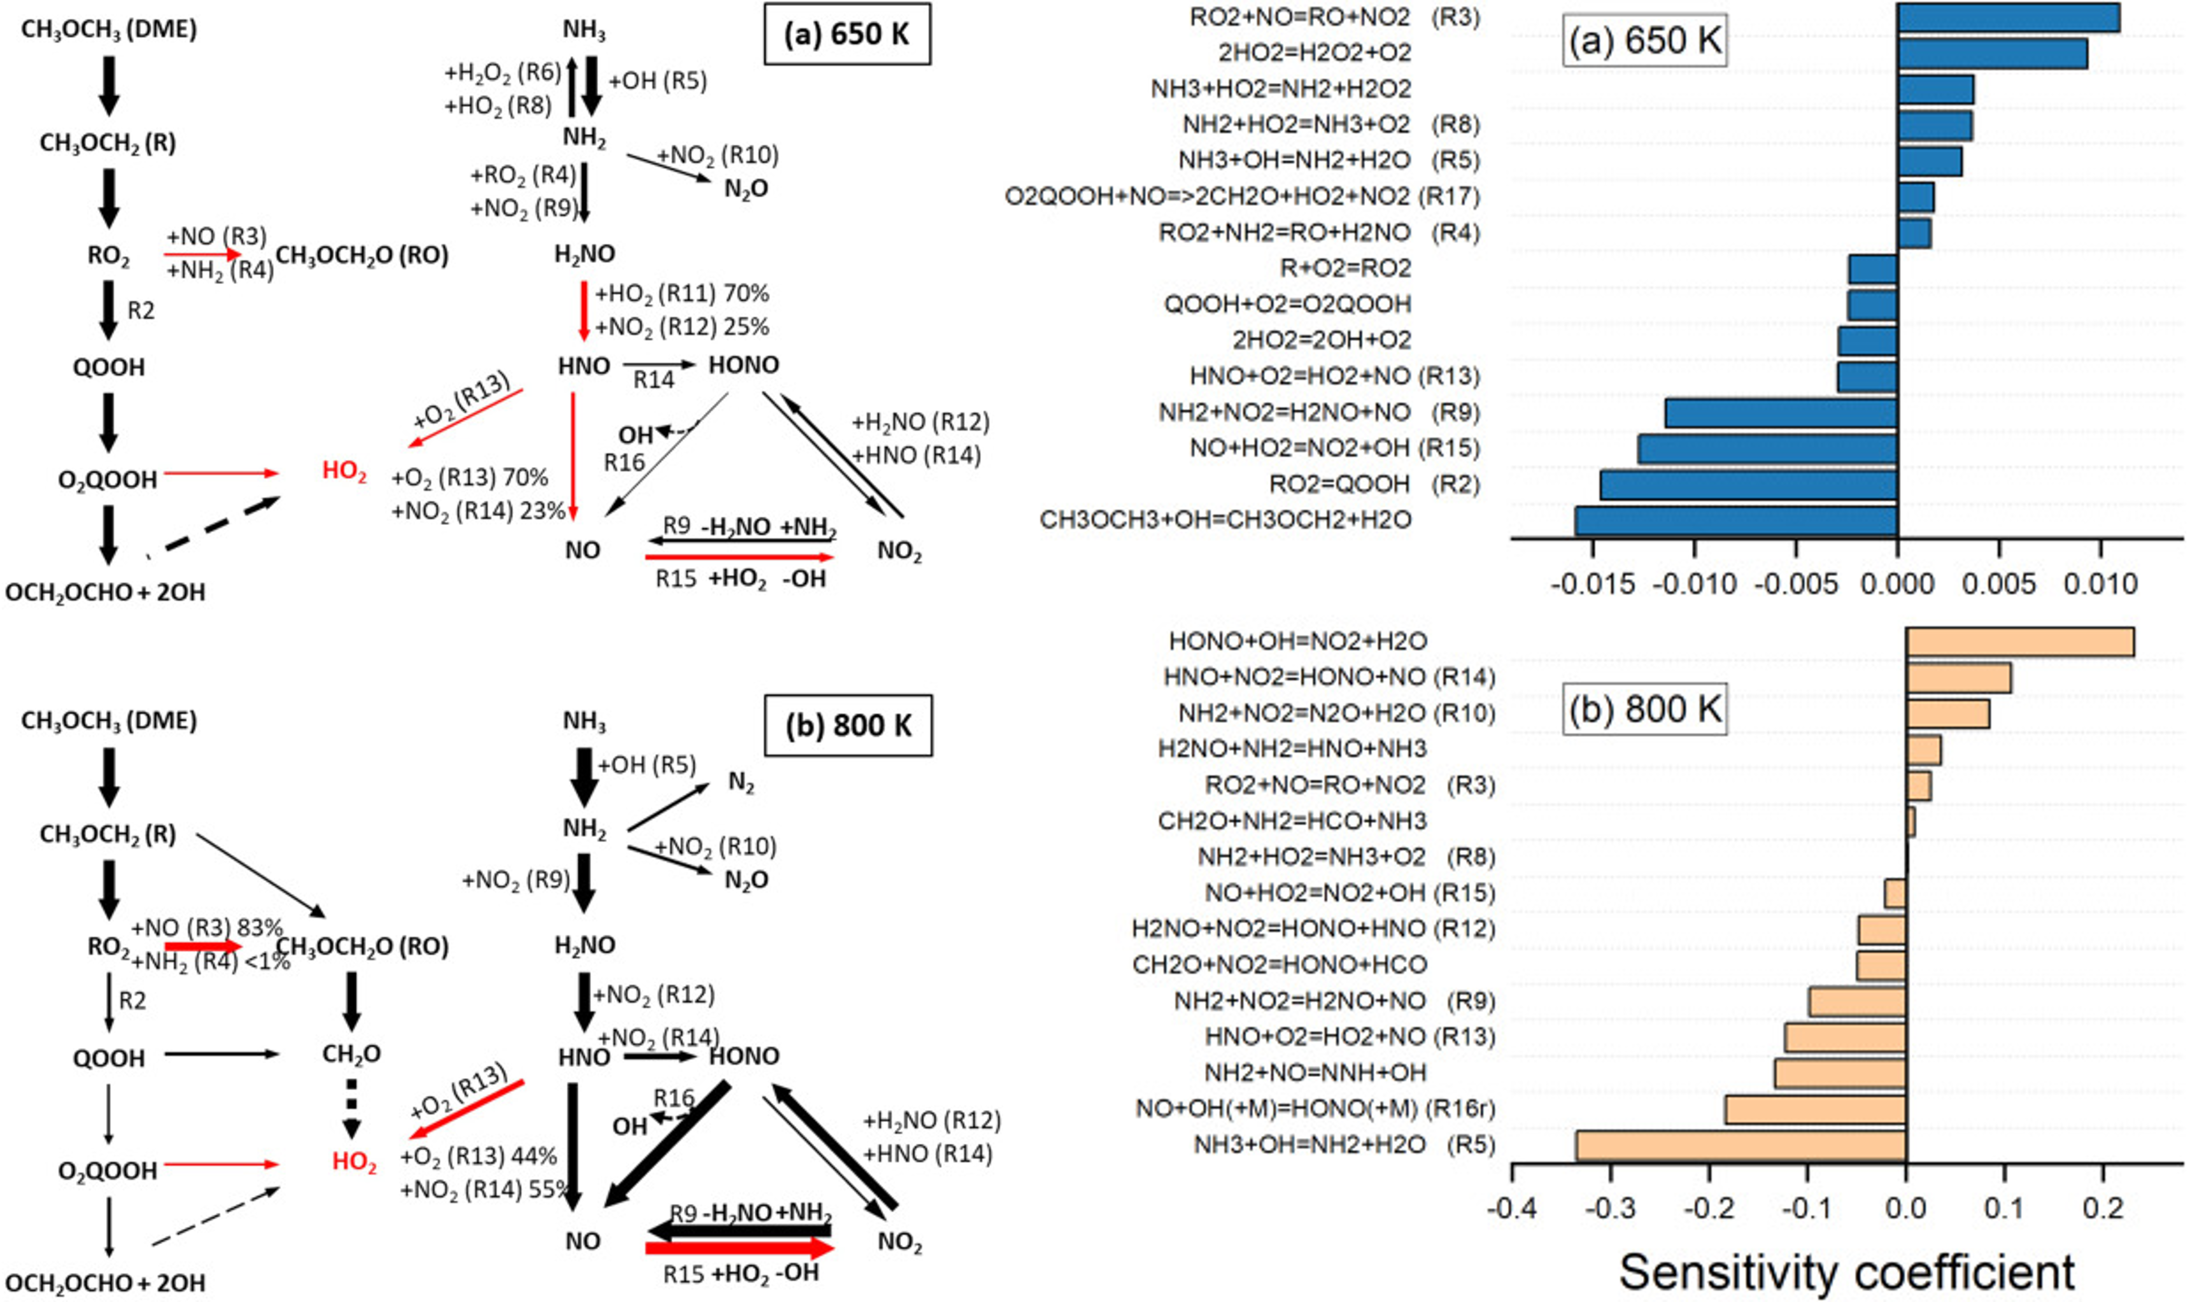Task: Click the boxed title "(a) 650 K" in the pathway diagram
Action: (848, 34)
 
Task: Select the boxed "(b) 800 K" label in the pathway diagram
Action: (848, 725)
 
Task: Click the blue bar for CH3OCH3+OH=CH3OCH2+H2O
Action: (1736, 520)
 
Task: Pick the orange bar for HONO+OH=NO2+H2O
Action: (2020, 641)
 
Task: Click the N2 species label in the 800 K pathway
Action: (741, 783)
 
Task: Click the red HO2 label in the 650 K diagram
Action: (344, 472)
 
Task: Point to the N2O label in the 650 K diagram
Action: (747, 189)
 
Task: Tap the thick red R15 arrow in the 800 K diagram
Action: (740, 1248)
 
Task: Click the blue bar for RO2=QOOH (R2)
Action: (1748, 485)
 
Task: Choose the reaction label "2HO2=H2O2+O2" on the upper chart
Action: (1315, 53)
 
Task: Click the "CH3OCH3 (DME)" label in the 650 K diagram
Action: (109, 30)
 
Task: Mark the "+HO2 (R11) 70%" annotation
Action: (682, 294)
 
